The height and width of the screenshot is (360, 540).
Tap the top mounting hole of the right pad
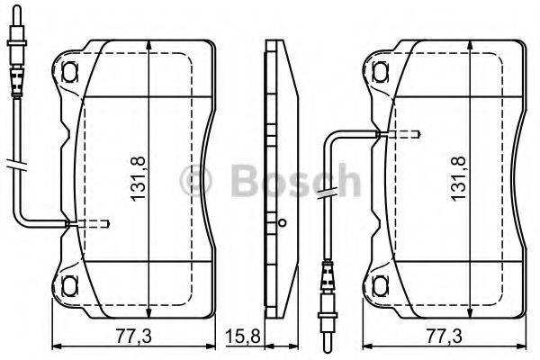point(381,68)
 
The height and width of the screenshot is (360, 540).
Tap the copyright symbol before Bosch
point(197,183)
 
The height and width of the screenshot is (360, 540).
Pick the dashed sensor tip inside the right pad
point(400,134)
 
